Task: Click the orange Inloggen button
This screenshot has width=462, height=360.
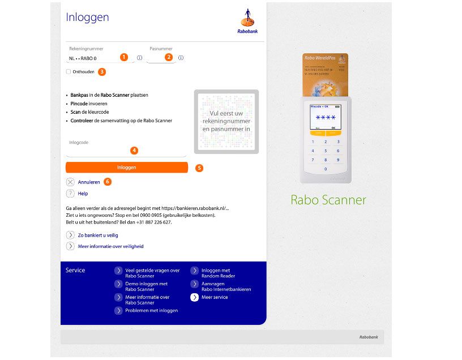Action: pyautogui.click(x=126, y=168)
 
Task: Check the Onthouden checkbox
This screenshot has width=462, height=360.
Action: pyautogui.click(x=69, y=72)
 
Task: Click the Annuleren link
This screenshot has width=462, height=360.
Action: pyautogui.click(x=88, y=182)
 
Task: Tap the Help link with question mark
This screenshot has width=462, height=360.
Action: pyautogui.click(x=83, y=194)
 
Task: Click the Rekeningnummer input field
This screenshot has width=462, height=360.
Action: pyautogui.click(x=93, y=58)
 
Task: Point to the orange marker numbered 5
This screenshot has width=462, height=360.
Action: pyautogui.click(x=199, y=168)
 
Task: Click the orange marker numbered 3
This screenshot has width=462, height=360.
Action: pyautogui.click(x=102, y=72)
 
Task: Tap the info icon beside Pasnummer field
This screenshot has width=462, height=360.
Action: pyautogui.click(x=181, y=58)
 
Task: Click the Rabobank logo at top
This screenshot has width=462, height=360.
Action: pyautogui.click(x=247, y=21)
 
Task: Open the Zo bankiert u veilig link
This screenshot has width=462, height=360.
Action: pyautogui.click(x=97, y=235)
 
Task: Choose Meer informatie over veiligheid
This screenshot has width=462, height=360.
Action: pyautogui.click(x=110, y=246)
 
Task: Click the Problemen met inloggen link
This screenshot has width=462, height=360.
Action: pyautogui.click(x=151, y=311)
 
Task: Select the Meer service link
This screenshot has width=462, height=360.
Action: pyautogui.click(x=214, y=297)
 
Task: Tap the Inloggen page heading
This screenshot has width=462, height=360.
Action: pyautogui.click(x=87, y=17)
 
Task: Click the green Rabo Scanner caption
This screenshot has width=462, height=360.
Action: pyautogui.click(x=328, y=200)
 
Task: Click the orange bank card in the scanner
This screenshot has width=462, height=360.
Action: pyautogui.click(x=325, y=74)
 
